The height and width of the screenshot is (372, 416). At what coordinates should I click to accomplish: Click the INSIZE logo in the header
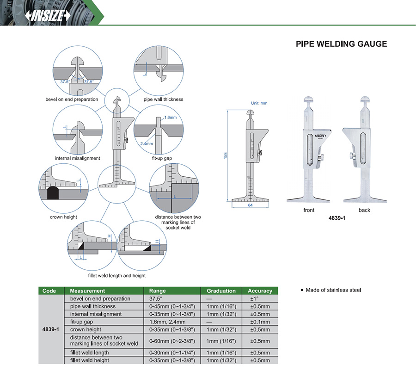tap(48, 16)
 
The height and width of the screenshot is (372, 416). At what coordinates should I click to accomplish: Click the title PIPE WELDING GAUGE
tap(341, 44)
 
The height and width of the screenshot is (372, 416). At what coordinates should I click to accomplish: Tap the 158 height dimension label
tap(226, 156)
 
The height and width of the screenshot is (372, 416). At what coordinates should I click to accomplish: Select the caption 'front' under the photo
tap(309, 210)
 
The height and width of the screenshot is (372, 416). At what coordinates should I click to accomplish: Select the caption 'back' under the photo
tap(364, 210)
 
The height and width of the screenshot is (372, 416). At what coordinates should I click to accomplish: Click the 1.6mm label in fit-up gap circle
tap(171, 118)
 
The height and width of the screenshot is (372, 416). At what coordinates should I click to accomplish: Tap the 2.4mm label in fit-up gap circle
tap(147, 143)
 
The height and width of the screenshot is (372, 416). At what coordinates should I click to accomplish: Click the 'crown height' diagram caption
tap(64, 217)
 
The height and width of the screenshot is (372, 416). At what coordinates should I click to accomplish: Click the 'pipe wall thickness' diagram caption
tap(164, 99)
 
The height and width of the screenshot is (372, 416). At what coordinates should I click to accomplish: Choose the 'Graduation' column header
tap(221, 291)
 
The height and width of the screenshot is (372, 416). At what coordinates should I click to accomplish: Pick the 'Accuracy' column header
tap(260, 291)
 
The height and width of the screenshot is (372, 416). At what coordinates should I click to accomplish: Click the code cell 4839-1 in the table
tap(49, 329)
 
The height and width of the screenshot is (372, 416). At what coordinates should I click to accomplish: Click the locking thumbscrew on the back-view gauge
tap(353, 158)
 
